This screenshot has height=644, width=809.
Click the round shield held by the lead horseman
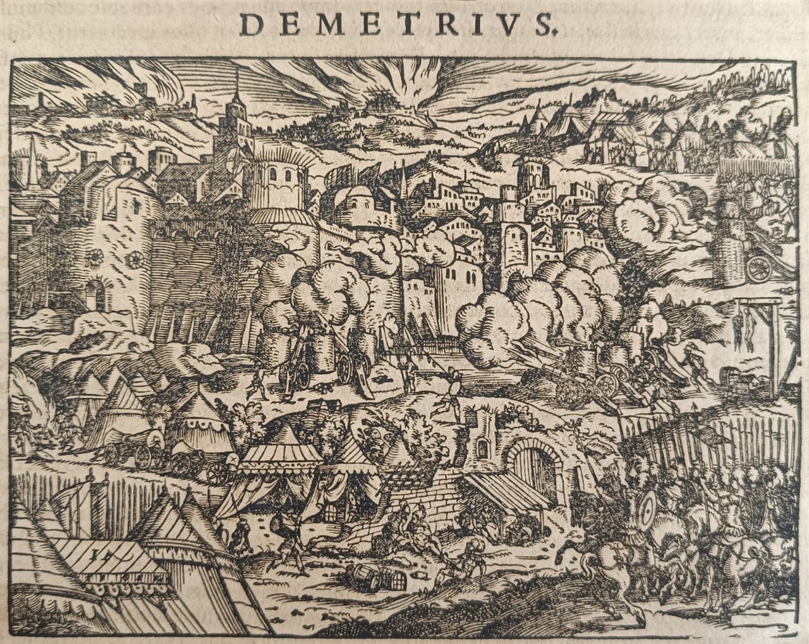[x=646, y=509]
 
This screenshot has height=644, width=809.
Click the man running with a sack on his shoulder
[x=288, y=537]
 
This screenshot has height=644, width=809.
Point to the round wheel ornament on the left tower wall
[x=135, y=259]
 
